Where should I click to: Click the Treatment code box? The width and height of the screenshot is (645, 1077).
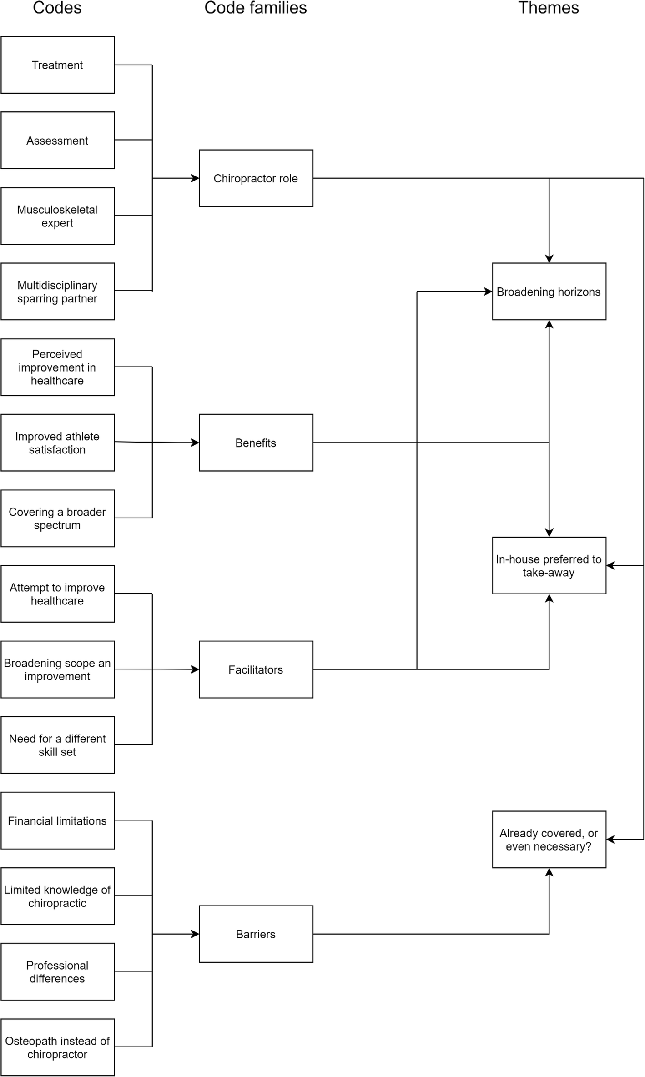(x=57, y=65)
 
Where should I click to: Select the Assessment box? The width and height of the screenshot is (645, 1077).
(x=57, y=141)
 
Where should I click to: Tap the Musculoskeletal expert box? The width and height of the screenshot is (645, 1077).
(x=57, y=216)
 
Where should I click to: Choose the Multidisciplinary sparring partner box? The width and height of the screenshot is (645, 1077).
(x=57, y=292)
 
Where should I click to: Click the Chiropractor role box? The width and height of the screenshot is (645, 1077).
(x=256, y=178)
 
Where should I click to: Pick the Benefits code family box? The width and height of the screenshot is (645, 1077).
(x=256, y=443)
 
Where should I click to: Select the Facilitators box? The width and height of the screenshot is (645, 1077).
(x=256, y=669)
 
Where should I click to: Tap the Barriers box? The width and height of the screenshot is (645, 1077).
(x=256, y=934)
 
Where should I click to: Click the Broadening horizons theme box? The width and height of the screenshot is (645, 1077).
(x=549, y=292)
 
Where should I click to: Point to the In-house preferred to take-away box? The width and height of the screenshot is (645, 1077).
(x=549, y=565)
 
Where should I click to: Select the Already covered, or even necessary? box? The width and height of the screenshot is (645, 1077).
(x=549, y=840)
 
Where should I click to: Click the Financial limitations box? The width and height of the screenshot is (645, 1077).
(x=57, y=821)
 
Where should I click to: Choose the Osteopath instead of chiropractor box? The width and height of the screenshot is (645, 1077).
(x=57, y=1047)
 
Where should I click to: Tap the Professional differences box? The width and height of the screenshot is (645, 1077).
(x=57, y=972)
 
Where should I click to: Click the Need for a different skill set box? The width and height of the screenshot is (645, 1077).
(x=57, y=745)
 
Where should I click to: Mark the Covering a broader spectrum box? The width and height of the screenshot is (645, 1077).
(x=57, y=518)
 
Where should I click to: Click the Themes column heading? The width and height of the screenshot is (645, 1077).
(x=548, y=8)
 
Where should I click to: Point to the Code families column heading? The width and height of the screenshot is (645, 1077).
(x=255, y=8)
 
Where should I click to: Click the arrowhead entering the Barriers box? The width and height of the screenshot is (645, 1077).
(x=196, y=934)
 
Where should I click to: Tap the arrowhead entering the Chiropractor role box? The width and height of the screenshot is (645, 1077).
(x=196, y=178)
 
